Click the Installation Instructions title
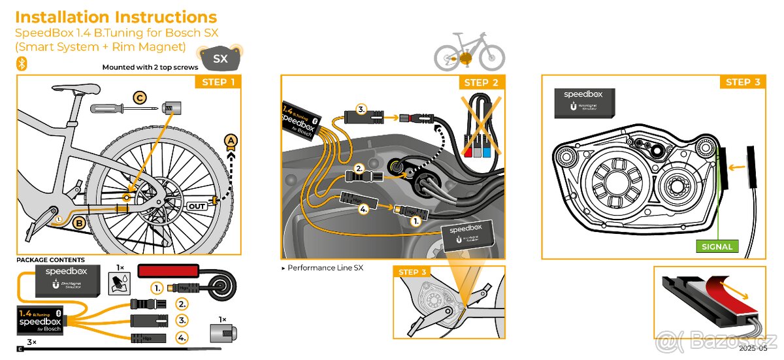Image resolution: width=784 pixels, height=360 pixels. click(x=116, y=17)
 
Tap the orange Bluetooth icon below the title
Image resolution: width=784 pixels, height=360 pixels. click(x=21, y=63)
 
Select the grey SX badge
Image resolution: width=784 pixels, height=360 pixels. click(x=221, y=59)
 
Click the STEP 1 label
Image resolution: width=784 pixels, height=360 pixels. click(x=218, y=82)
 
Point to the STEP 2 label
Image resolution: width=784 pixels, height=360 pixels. click(x=481, y=82)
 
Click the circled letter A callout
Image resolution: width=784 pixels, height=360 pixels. click(x=230, y=140)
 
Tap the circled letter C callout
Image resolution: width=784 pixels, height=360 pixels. click(x=140, y=98)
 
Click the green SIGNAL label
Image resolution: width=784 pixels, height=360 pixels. click(x=717, y=246)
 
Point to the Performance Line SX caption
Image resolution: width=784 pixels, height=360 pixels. click(x=325, y=268)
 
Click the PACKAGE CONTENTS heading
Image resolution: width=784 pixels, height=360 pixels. click(x=50, y=260)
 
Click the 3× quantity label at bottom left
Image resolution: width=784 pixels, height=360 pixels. click(x=31, y=342)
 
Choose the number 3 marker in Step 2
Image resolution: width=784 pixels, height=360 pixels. click(x=361, y=109)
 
